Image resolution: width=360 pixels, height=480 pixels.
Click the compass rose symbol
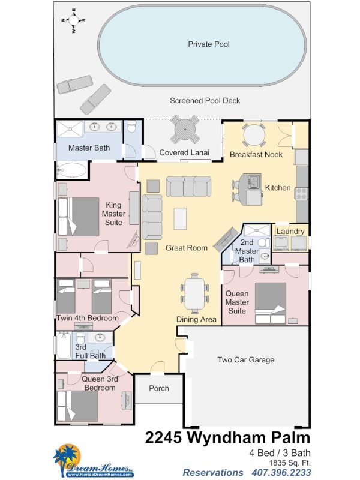click(x=73, y=20)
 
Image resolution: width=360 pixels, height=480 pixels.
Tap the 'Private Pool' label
click(x=209, y=44)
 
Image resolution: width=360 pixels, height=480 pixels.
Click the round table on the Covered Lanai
click(x=185, y=129)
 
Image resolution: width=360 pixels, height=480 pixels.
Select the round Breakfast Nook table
click(x=253, y=134)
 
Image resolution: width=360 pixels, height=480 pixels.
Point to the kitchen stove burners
click(x=301, y=194)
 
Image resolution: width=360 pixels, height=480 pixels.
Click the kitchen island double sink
click(x=254, y=181)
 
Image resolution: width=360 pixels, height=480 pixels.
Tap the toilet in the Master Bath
click(x=131, y=127)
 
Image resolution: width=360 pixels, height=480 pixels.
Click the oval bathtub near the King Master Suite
click(x=72, y=170)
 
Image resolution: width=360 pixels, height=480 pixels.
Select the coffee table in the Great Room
click(x=180, y=218)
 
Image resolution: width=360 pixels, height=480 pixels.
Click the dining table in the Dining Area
click(x=194, y=293)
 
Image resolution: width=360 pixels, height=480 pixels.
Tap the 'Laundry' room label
click(x=290, y=232)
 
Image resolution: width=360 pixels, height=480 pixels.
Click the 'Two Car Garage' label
click(x=246, y=359)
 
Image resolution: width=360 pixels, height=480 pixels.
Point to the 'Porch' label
click(x=159, y=388)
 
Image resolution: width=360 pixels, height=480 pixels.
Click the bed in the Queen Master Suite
click(x=271, y=303)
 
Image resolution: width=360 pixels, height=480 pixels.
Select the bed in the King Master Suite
click(x=79, y=217)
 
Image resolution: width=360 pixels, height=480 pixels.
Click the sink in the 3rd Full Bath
click(x=100, y=337)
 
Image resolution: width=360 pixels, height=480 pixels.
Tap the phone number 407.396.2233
click(x=281, y=473)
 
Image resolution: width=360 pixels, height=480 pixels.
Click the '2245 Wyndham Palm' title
click(x=227, y=437)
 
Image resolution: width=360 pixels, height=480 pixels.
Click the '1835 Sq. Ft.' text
click(x=290, y=463)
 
